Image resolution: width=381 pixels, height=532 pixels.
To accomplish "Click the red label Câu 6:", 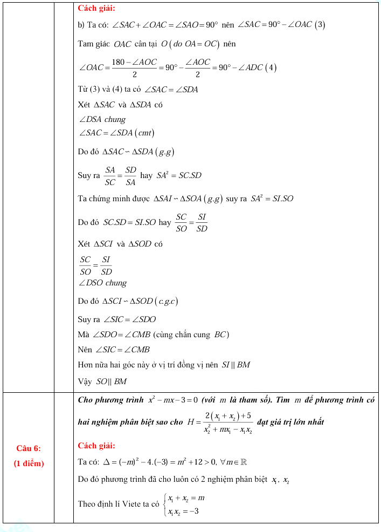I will (x=29, y=448).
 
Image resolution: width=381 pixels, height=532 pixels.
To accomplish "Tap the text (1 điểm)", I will (x=29, y=463).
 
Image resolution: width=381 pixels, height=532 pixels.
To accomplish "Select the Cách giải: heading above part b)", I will (x=96, y=8).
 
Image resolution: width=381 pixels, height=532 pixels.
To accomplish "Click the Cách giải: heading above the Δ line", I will (x=96, y=446).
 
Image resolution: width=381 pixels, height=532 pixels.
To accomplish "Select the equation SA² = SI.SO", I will (x=272, y=199).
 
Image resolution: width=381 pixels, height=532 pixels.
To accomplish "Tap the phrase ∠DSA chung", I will (x=102, y=119).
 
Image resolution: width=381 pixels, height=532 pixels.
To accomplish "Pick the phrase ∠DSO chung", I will (x=102, y=283).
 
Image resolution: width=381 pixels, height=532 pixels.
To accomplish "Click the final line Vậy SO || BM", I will (x=102, y=381).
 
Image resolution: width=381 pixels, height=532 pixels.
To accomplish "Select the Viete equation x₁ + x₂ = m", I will (x=183, y=498).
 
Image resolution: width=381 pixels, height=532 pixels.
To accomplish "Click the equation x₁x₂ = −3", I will (x=183, y=510).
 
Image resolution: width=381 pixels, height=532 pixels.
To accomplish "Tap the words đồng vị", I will (x=197, y=365).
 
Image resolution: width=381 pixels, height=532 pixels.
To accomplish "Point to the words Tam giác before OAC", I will (x=94, y=44).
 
